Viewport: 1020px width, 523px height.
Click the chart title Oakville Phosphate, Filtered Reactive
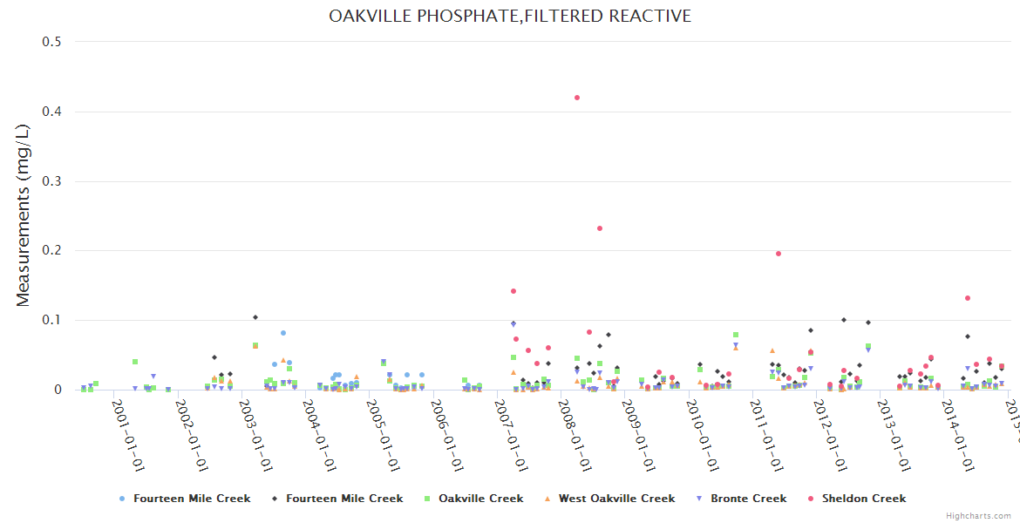click(510, 17)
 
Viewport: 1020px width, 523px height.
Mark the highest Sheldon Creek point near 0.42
click(577, 98)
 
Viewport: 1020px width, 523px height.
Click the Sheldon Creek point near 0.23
click(600, 228)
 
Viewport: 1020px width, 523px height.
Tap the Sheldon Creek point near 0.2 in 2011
click(779, 254)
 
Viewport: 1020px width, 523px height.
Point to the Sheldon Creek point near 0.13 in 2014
click(968, 298)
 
